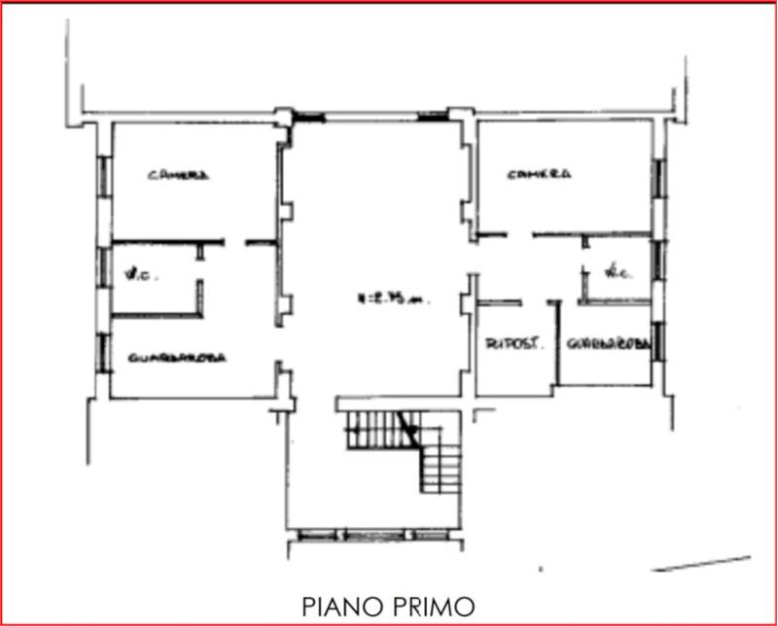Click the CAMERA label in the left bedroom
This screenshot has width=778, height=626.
[178, 176]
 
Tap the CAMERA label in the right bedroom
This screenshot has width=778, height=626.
[539, 174]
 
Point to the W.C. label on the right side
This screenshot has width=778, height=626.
[615, 273]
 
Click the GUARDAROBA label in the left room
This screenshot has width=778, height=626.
[177, 358]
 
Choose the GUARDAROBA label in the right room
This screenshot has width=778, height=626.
[608, 344]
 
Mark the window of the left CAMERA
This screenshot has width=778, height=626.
[102, 174]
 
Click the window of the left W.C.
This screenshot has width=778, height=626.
[102, 266]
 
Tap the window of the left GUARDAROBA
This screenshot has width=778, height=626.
[102, 352]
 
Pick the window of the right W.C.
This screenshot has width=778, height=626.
[659, 260]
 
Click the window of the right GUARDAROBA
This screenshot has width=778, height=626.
[659, 340]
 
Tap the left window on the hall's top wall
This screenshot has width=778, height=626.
[308, 118]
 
